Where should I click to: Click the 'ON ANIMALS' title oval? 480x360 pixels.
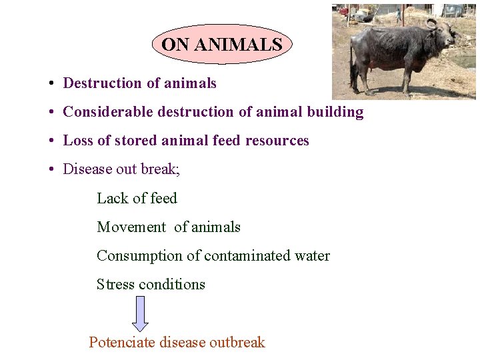(x=222, y=45)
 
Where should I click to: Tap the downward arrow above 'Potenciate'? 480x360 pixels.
(x=140, y=313)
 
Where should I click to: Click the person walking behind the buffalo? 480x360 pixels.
(x=399, y=14)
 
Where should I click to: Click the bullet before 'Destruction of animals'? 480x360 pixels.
(x=51, y=84)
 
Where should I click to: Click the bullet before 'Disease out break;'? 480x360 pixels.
(x=51, y=169)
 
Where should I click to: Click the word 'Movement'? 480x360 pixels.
(x=131, y=227)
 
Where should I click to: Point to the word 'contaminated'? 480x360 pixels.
(x=247, y=255)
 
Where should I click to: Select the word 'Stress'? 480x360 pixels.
(x=115, y=284)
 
